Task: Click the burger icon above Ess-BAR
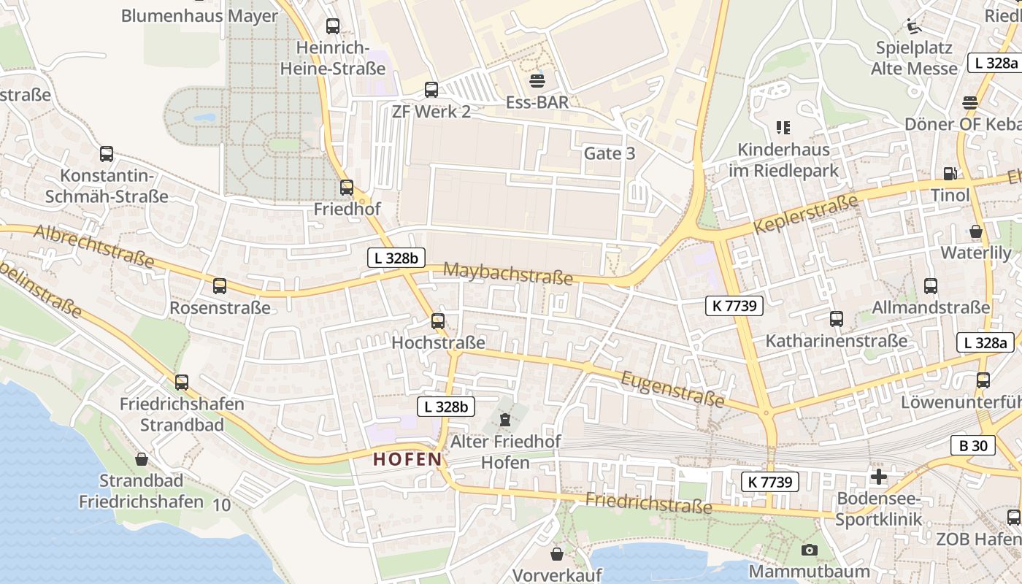click(x=538, y=80)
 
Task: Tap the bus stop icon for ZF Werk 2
click(x=431, y=90)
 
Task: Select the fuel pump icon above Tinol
click(x=950, y=173)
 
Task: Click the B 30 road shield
click(x=973, y=445)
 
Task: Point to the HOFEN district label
click(x=407, y=459)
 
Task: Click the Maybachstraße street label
click(x=508, y=274)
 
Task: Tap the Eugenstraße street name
click(x=672, y=388)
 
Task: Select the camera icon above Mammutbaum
click(x=809, y=550)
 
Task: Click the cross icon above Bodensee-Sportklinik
click(x=879, y=477)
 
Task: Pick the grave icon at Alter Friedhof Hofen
click(x=504, y=420)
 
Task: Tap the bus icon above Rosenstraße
click(x=220, y=286)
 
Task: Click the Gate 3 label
click(x=610, y=153)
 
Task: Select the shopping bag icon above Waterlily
click(x=976, y=231)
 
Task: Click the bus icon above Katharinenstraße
click(x=837, y=319)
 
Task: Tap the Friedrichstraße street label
click(x=648, y=503)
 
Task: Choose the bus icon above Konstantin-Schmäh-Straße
click(x=107, y=154)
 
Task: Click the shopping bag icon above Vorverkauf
click(x=557, y=554)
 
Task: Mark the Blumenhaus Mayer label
click(x=199, y=15)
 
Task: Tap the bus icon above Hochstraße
click(x=438, y=320)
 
